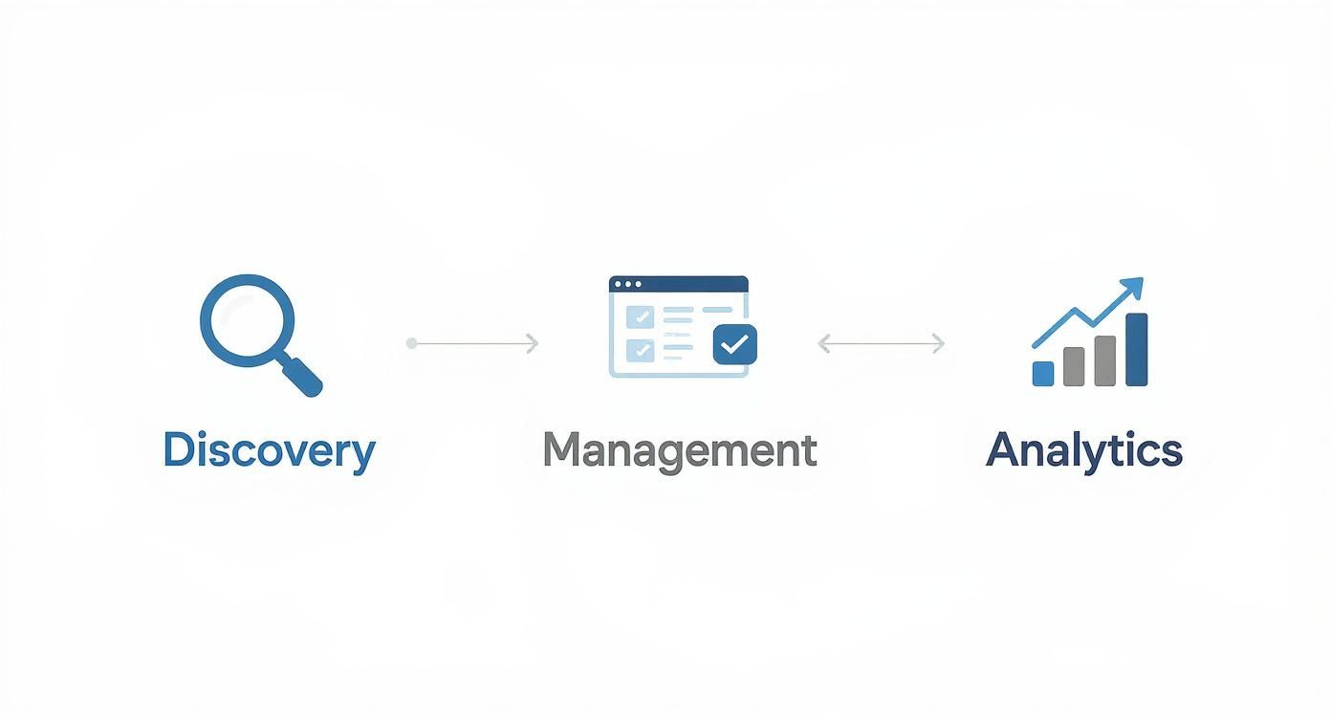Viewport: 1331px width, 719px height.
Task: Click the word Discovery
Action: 269,450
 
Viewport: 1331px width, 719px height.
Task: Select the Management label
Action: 679,450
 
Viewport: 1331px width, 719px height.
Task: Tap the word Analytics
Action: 1083,450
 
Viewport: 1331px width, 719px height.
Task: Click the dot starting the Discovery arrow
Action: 411,343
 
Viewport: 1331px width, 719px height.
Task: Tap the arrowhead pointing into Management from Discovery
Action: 533,343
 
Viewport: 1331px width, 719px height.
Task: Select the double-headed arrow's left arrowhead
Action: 823,343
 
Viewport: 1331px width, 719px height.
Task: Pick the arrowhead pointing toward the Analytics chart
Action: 938,343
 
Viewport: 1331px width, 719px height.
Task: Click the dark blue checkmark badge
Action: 734,344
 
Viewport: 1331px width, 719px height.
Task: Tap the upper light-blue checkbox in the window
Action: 637,316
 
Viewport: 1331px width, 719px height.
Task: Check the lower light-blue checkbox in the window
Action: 637,350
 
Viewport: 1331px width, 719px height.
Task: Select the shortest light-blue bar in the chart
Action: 1043,373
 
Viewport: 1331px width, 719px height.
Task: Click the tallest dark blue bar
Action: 1136,349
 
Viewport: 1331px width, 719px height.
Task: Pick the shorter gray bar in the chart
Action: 1074,366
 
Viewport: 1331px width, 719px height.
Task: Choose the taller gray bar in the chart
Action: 1104,360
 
